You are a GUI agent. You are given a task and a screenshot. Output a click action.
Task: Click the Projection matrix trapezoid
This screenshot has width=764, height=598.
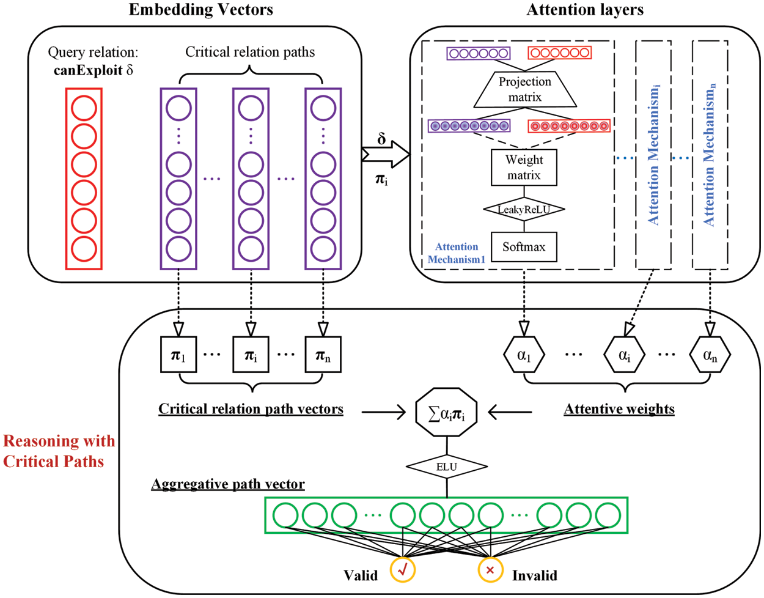click(x=524, y=90)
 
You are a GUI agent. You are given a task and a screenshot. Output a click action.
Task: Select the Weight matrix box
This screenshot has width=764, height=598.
click(x=524, y=168)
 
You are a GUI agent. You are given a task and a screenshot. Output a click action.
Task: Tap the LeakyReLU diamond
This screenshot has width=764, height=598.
click(x=524, y=210)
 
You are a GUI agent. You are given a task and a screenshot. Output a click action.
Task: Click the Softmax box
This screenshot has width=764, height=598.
click(x=524, y=247)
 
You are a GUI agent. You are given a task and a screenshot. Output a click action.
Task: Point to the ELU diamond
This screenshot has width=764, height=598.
click(x=447, y=467)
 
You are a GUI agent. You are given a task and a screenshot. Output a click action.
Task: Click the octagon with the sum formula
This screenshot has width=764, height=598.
click(x=447, y=415)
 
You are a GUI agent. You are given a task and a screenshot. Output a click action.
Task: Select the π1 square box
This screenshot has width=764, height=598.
click(x=178, y=355)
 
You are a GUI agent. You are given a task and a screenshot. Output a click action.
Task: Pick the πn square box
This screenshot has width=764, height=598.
click(x=323, y=355)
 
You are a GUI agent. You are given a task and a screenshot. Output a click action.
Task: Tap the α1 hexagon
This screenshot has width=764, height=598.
click(x=524, y=355)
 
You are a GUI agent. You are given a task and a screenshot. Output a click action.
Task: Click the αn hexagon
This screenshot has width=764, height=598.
click(x=710, y=355)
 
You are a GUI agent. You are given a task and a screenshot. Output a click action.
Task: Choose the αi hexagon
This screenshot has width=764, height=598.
click(x=624, y=355)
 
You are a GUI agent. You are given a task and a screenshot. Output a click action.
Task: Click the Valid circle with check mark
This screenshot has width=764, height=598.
click(x=402, y=570)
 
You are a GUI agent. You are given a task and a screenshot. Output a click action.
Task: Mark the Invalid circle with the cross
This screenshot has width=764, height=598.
click(x=490, y=570)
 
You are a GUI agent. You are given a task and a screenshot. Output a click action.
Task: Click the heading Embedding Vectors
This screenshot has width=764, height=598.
click(x=200, y=10)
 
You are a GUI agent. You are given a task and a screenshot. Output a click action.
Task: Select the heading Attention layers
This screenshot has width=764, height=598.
click(x=585, y=10)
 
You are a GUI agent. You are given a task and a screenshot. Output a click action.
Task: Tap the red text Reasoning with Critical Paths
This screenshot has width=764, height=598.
click(x=59, y=451)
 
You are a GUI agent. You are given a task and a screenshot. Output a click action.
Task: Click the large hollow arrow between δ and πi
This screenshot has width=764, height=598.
click(x=385, y=155)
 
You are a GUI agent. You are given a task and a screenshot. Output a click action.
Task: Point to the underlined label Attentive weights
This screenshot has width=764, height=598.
click(x=619, y=408)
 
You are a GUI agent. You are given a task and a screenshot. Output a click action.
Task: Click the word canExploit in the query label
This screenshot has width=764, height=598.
click(x=88, y=70)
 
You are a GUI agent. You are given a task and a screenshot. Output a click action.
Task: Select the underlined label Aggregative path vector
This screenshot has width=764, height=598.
click(x=228, y=484)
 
